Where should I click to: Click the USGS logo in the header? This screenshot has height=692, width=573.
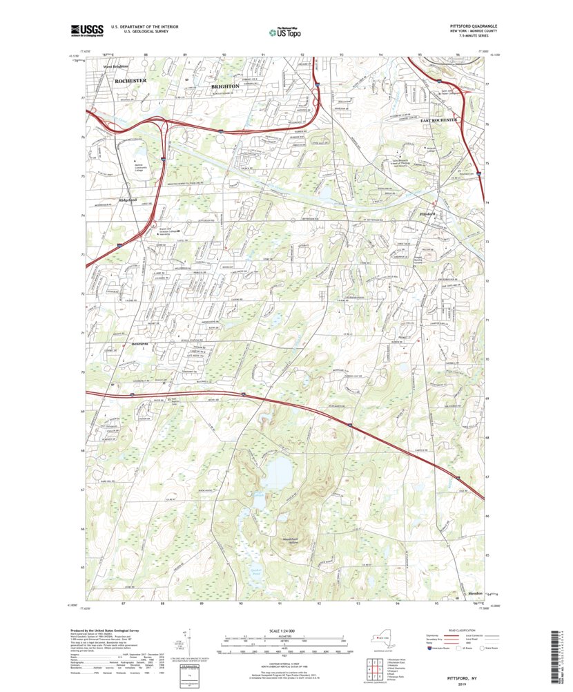tap(86, 30)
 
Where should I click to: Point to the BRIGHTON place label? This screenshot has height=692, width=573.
tap(225, 86)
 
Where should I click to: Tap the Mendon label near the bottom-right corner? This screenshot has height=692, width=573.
tap(475, 593)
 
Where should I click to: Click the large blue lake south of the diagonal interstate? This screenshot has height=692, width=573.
tap(278, 472)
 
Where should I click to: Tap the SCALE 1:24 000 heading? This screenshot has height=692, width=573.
tap(284, 630)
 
